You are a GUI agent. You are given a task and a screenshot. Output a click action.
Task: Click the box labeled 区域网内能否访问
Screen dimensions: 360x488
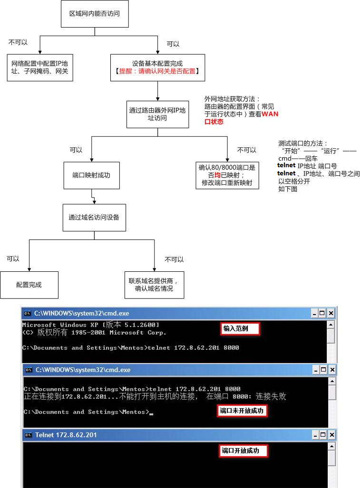tap(95, 14)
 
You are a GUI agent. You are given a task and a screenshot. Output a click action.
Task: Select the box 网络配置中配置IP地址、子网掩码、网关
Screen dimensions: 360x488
tap(40, 67)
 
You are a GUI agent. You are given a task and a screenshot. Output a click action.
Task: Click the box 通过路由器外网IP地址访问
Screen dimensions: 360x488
tap(157, 114)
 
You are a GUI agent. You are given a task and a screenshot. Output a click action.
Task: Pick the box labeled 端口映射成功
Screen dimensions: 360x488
tap(92, 175)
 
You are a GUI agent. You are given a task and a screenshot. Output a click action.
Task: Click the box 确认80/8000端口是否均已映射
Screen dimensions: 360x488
tap(227, 175)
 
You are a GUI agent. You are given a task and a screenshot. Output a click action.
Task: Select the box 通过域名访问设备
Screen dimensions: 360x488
tap(94, 218)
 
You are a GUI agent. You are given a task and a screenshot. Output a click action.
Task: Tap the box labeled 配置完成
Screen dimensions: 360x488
tap(29, 285)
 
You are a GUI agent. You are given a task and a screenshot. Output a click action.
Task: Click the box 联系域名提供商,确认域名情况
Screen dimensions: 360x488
tap(154, 285)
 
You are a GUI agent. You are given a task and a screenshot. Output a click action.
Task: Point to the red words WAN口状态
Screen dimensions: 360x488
tap(242, 118)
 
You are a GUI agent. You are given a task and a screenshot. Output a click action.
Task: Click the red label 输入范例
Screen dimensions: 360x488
tap(240, 329)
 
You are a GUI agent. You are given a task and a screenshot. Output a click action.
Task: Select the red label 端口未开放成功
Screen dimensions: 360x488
tap(242, 411)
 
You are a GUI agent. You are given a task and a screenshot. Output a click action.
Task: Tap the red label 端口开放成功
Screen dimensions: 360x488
tap(243, 450)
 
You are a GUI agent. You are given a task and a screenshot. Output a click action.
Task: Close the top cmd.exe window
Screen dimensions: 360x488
tap(331, 313)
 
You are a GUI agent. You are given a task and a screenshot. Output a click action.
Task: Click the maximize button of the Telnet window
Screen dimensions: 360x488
tap(323, 435)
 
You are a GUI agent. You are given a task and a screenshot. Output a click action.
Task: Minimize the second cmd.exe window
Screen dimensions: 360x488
tap(316, 370)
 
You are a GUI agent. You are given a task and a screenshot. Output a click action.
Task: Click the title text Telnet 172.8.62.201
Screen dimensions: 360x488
tap(66, 435)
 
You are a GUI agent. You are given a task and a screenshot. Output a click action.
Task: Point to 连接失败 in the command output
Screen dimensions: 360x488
tap(271, 396)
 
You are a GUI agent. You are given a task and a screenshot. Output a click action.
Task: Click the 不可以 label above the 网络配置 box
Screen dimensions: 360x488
tap(18, 42)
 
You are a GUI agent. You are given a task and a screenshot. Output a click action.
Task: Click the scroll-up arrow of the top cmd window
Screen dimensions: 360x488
tap(331, 325)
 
